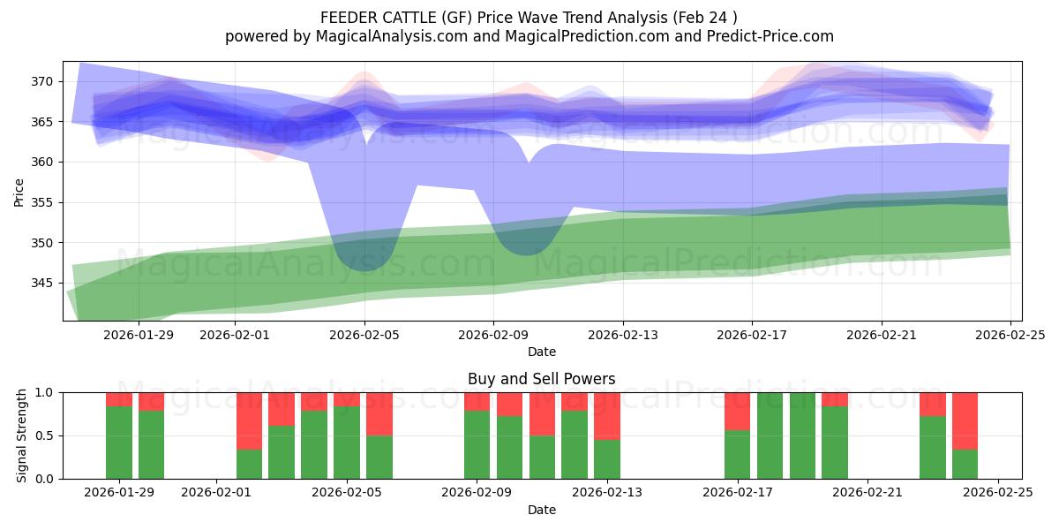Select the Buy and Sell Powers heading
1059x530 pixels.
click(541, 379)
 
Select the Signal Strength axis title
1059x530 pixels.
click(22, 435)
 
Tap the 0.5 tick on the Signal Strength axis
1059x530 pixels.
click(44, 435)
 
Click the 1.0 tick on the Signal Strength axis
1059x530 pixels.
click(44, 392)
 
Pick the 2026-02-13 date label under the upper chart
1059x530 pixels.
click(623, 334)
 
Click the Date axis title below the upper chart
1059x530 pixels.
click(541, 352)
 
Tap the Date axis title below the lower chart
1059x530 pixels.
click(541, 510)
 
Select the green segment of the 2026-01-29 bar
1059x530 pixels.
click(119, 442)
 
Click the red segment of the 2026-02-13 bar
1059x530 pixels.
click(607, 415)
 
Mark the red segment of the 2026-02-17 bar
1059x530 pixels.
click(737, 411)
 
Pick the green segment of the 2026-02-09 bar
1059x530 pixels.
click(477, 444)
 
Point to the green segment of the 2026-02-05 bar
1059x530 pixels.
click(347, 443)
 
